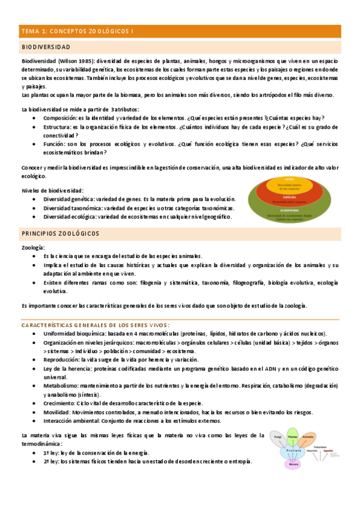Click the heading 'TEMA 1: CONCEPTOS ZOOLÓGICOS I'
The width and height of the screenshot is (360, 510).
78,31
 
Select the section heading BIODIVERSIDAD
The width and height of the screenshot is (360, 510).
46,47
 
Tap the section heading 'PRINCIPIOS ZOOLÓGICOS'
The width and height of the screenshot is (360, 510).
61,233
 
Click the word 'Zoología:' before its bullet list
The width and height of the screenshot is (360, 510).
32,248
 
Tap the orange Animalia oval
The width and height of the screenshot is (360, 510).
308,437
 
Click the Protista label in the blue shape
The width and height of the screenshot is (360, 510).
293,450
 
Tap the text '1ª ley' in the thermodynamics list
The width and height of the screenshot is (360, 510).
50,452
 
